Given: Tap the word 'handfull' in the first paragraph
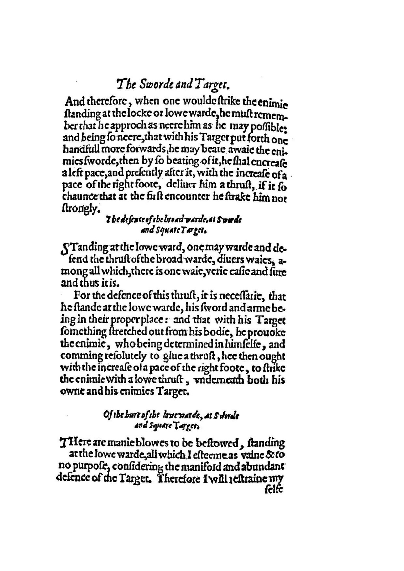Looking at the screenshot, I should pos(76,151).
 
